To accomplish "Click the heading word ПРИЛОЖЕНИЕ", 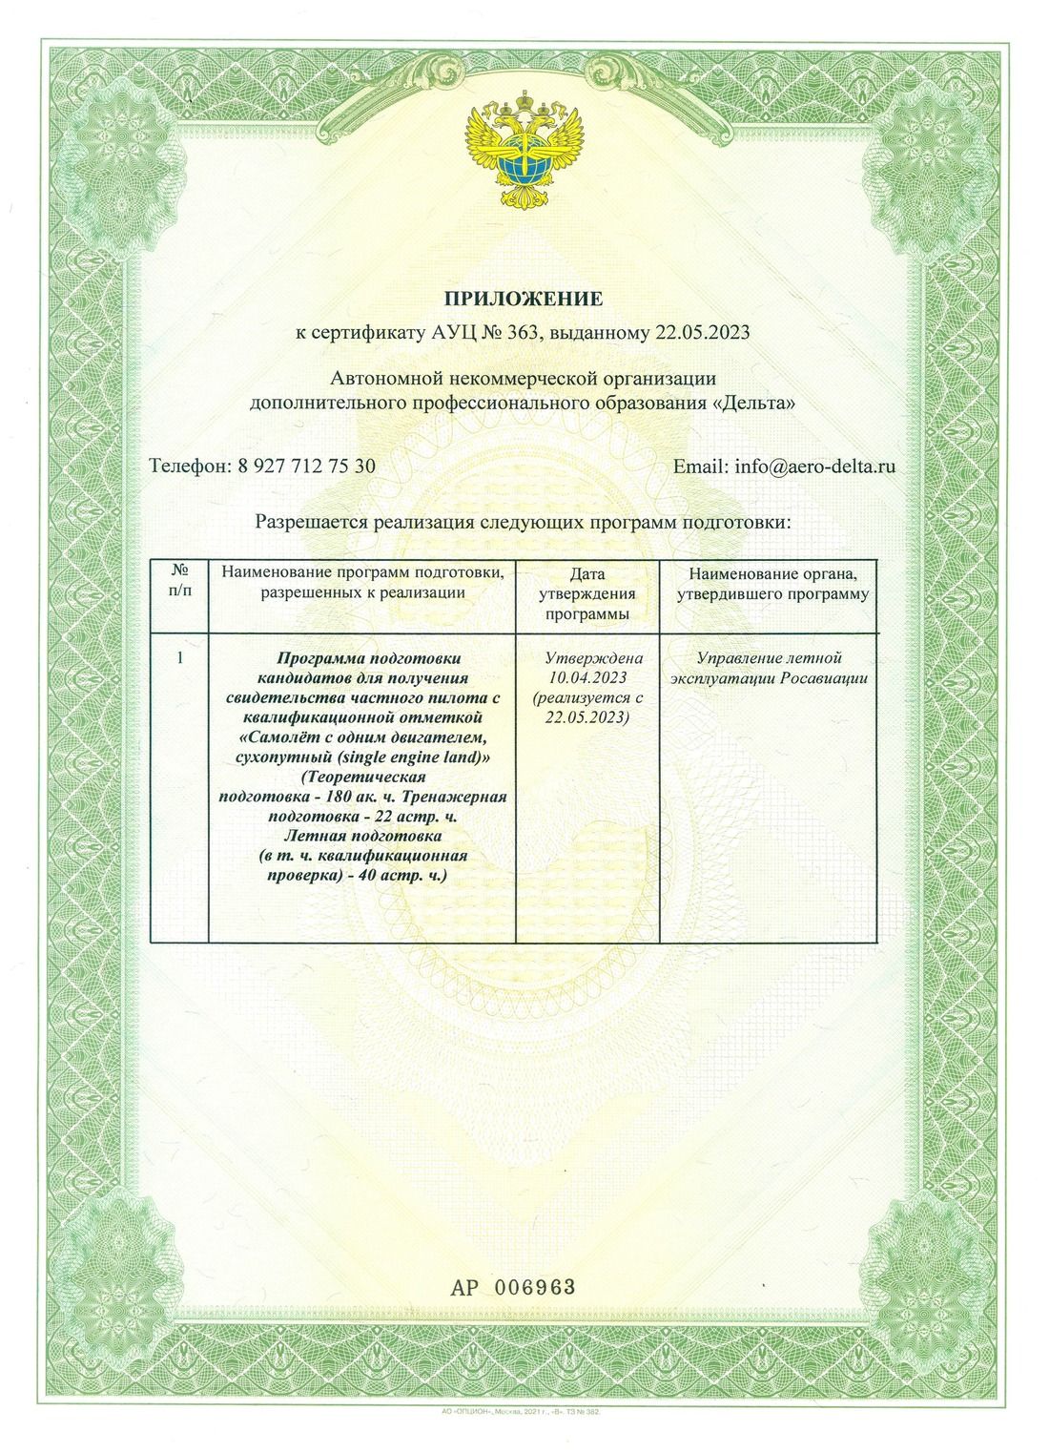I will (x=523, y=298).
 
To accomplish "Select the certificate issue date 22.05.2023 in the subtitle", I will (x=702, y=333).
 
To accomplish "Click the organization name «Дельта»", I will (x=752, y=404).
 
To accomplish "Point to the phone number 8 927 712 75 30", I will (x=303, y=467).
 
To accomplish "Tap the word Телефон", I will (x=190, y=467).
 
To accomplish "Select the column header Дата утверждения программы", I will (x=586, y=594).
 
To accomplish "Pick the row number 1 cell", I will (x=180, y=658).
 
